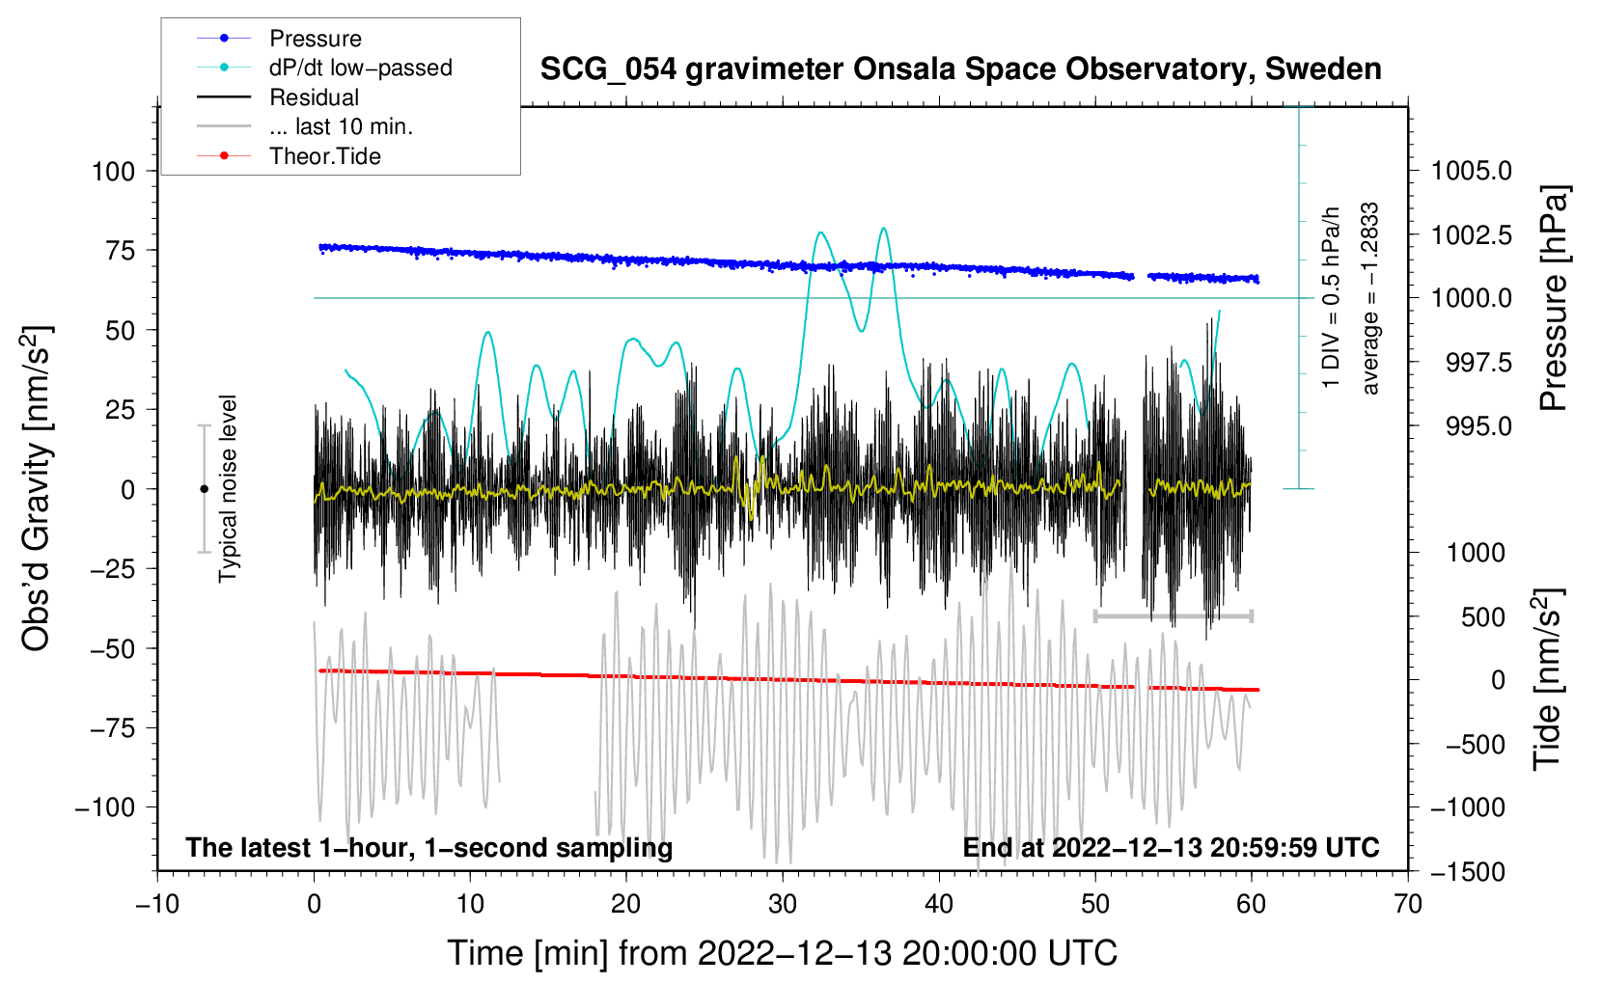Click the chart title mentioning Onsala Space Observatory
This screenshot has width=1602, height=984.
pos(960,69)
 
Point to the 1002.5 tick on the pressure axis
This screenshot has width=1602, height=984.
pos(1472,235)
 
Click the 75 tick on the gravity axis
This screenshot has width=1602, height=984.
pos(120,251)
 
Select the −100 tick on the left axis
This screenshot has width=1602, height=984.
pos(105,807)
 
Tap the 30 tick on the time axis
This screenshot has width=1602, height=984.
pos(783,905)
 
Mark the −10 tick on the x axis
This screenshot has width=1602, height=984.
pos(157,905)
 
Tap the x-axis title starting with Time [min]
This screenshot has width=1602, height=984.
pos(783,953)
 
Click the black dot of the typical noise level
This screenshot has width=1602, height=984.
pos(204,489)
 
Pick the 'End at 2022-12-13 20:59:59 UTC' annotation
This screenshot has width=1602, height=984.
pos(1171,847)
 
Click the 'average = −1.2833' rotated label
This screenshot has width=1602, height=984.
pos(1369,299)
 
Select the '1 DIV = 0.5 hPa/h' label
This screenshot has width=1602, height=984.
pos(1330,297)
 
